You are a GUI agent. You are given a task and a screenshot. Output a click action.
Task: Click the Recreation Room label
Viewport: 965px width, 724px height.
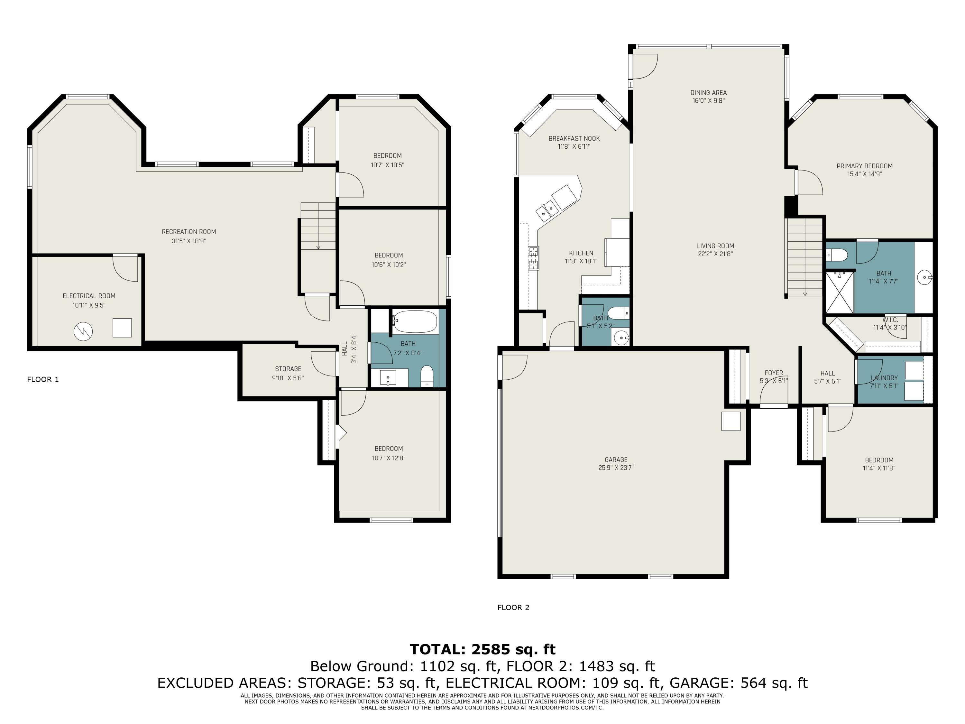point(189,232)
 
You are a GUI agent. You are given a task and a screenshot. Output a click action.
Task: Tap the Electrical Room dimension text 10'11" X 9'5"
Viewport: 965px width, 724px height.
point(89,305)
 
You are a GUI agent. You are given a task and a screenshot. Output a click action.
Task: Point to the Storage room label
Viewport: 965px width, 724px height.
point(288,369)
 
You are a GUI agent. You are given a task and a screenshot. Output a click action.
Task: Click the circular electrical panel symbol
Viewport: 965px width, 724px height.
point(83,331)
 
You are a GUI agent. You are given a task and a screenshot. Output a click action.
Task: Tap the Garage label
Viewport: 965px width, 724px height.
point(616,459)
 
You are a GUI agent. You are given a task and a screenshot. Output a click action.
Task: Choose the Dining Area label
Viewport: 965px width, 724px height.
point(709,93)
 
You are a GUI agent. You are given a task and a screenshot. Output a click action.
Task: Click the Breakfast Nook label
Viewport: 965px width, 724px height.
point(574,138)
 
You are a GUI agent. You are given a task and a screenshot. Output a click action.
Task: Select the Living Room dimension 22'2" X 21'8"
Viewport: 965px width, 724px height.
point(715,254)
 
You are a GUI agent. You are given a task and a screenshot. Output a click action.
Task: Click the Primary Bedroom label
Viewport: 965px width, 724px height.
point(865,166)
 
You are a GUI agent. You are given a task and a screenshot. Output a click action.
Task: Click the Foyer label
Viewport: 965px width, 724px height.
point(774,373)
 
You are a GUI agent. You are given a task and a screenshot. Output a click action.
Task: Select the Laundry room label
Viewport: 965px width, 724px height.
point(884,378)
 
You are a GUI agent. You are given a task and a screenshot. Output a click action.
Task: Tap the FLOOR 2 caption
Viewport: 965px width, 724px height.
point(513,608)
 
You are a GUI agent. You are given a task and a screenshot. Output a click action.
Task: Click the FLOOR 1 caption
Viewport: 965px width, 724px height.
point(43,380)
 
